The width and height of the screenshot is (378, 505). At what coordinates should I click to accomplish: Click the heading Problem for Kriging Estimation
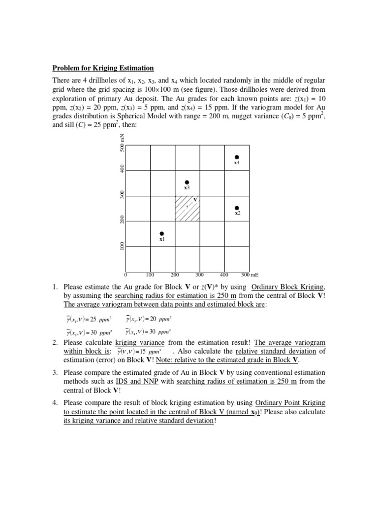tap(103, 68)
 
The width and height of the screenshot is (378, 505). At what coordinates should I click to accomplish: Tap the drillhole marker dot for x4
tap(237, 157)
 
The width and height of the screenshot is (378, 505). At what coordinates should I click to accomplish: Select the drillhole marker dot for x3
tap(187, 182)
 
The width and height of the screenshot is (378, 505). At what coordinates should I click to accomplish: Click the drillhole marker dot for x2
tap(237, 208)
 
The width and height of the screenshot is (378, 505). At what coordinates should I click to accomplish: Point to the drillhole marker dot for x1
tap(162, 233)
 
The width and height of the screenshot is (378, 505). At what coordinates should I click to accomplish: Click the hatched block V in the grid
tap(188, 209)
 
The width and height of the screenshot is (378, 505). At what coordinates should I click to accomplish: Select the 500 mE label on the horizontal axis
tap(251, 275)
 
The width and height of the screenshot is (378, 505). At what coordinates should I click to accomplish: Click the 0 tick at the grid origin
tap(126, 275)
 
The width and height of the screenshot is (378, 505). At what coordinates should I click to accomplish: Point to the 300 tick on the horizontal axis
tap(199, 275)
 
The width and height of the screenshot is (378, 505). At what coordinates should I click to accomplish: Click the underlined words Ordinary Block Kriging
tap(288, 287)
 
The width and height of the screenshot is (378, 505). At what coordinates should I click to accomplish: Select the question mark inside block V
tap(187, 207)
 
